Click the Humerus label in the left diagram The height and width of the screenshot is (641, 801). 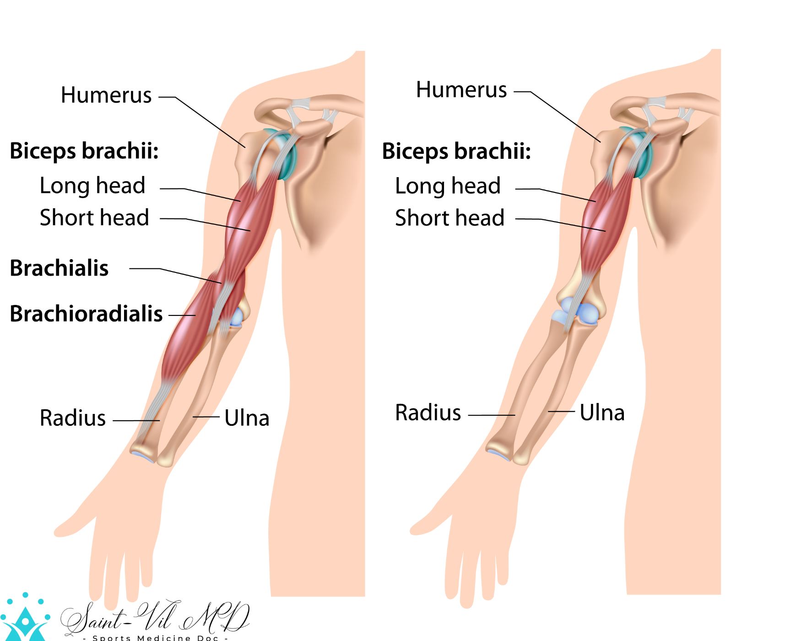[x=106, y=95]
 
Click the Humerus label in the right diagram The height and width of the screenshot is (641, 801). [x=461, y=89]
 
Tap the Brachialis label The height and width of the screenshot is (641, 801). [x=59, y=268]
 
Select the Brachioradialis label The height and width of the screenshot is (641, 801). [x=86, y=314]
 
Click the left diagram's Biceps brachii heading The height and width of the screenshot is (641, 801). [x=84, y=151]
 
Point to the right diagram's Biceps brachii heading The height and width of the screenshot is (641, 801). [x=456, y=151]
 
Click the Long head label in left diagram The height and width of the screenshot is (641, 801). [x=92, y=185]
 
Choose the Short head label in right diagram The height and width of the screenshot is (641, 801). [x=449, y=217]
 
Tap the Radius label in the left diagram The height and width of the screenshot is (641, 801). [x=72, y=418]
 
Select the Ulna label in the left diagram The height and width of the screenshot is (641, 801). [x=247, y=418]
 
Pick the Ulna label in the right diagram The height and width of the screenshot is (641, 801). [x=602, y=412]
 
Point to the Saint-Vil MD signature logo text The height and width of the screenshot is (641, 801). [x=156, y=618]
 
